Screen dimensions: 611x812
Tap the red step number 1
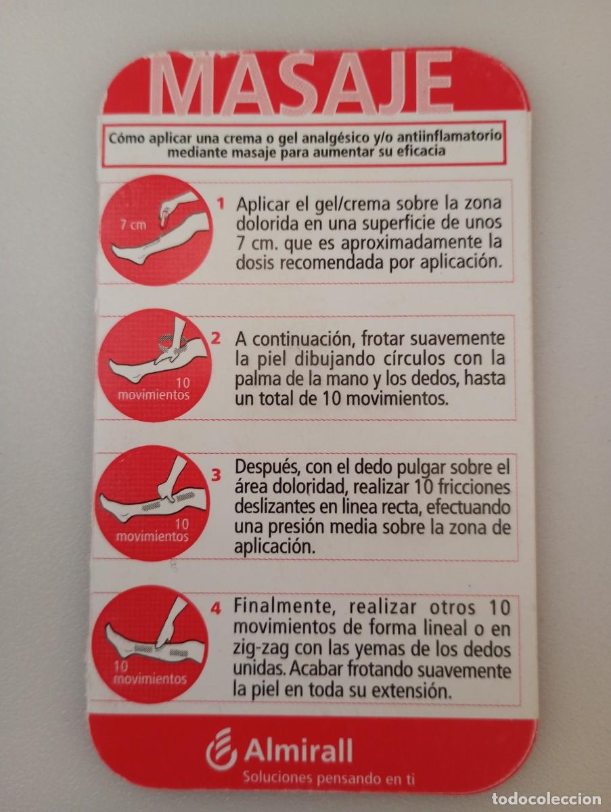tap(221, 204)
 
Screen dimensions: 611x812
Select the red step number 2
tap(216, 339)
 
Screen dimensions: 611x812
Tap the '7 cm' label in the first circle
tap(133, 225)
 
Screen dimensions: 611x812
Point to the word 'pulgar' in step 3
tap(424, 469)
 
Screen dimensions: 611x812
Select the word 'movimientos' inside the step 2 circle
tap(154, 395)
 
